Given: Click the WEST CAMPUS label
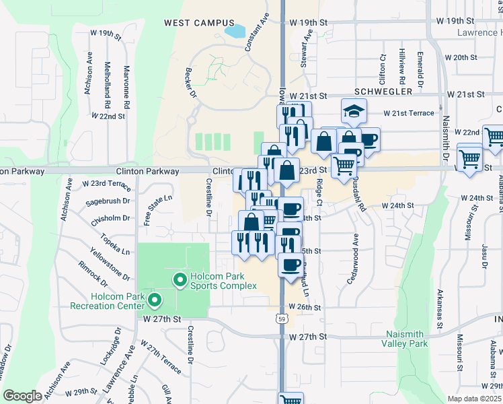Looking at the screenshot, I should point(195,22).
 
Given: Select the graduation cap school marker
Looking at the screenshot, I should point(353,111).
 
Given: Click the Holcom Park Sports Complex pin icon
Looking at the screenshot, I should point(180,279).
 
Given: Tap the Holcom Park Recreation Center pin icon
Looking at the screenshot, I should point(154,299).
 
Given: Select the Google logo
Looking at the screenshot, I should point(22,396).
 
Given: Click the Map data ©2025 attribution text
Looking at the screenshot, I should point(475,399).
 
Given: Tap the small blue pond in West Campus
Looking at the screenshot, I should point(236,31).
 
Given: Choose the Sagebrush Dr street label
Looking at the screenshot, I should point(108,201).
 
